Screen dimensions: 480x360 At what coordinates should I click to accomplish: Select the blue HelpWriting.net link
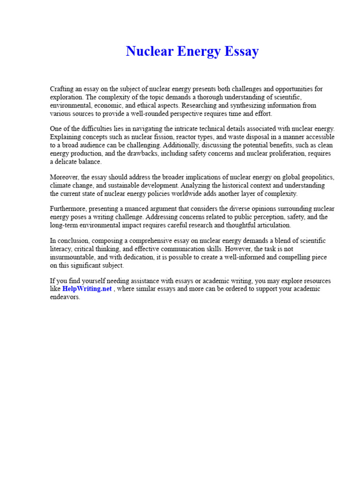[x=87, y=289]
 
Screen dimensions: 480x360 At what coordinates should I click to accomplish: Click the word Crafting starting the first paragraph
[x=62, y=89]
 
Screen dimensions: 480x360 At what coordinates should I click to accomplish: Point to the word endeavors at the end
[x=65, y=297]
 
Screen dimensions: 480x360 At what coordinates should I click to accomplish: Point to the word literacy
[x=61, y=249]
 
